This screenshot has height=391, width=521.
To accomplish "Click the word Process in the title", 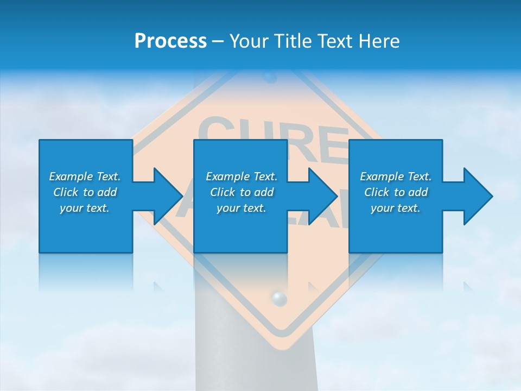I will click(170, 41).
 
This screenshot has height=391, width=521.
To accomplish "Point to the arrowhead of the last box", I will click(477, 196).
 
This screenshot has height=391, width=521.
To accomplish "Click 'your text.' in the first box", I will click(85, 208).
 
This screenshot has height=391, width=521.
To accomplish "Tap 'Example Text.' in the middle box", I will click(241, 176).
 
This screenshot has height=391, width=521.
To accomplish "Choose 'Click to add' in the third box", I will click(396, 192).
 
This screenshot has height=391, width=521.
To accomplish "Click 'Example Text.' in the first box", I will click(85, 176).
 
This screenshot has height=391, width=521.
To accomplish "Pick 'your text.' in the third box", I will click(396, 208).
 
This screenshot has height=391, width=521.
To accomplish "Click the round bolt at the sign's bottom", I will click(278, 298).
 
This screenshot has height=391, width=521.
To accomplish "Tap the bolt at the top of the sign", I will click(270, 78).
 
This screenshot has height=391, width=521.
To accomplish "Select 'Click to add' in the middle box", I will click(241, 192).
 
